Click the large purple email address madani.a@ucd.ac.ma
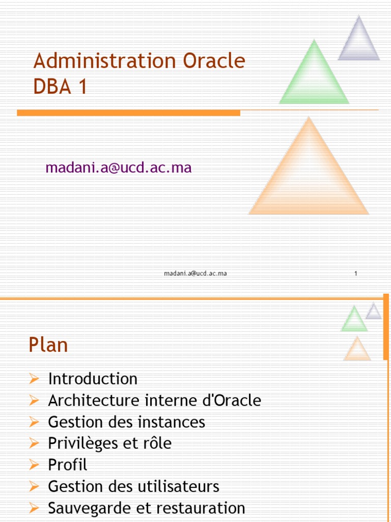click(x=119, y=168)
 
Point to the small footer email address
click(x=195, y=274)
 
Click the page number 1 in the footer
click(x=356, y=274)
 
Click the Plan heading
click(x=48, y=346)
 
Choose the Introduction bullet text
click(x=93, y=379)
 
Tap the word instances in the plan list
click(x=181, y=422)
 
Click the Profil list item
click(x=68, y=465)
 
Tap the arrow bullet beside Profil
click(x=34, y=465)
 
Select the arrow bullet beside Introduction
click(x=34, y=379)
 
